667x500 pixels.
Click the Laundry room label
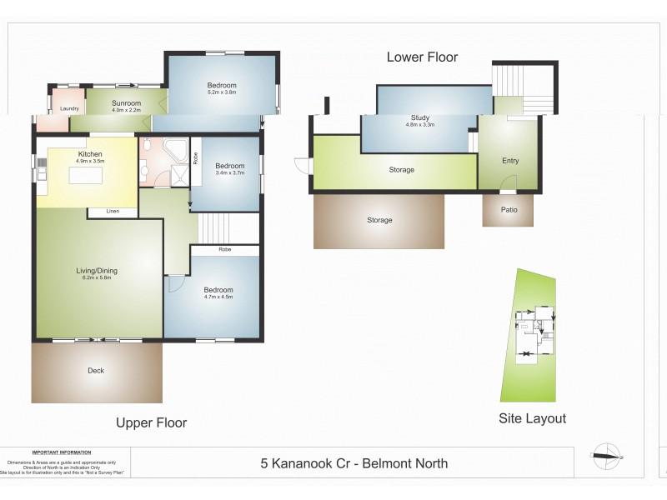[x=69, y=109]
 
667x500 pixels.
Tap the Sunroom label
[x=126, y=103]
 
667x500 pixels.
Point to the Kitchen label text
[x=90, y=154]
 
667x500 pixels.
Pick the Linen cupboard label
[x=113, y=212]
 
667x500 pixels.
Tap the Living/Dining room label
[x=96, y=271]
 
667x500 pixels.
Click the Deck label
[x=96, y=371]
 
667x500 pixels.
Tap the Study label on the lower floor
[x=420, y=118]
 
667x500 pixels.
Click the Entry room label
[x=510, y=161]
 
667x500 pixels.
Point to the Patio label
[x=509, y=210]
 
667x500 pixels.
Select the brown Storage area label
[x=379, y=220]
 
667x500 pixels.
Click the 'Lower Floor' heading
[x=422, y=57]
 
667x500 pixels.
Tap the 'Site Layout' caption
[x=532, y=418]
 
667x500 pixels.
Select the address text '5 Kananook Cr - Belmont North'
[x=354, y=463]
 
